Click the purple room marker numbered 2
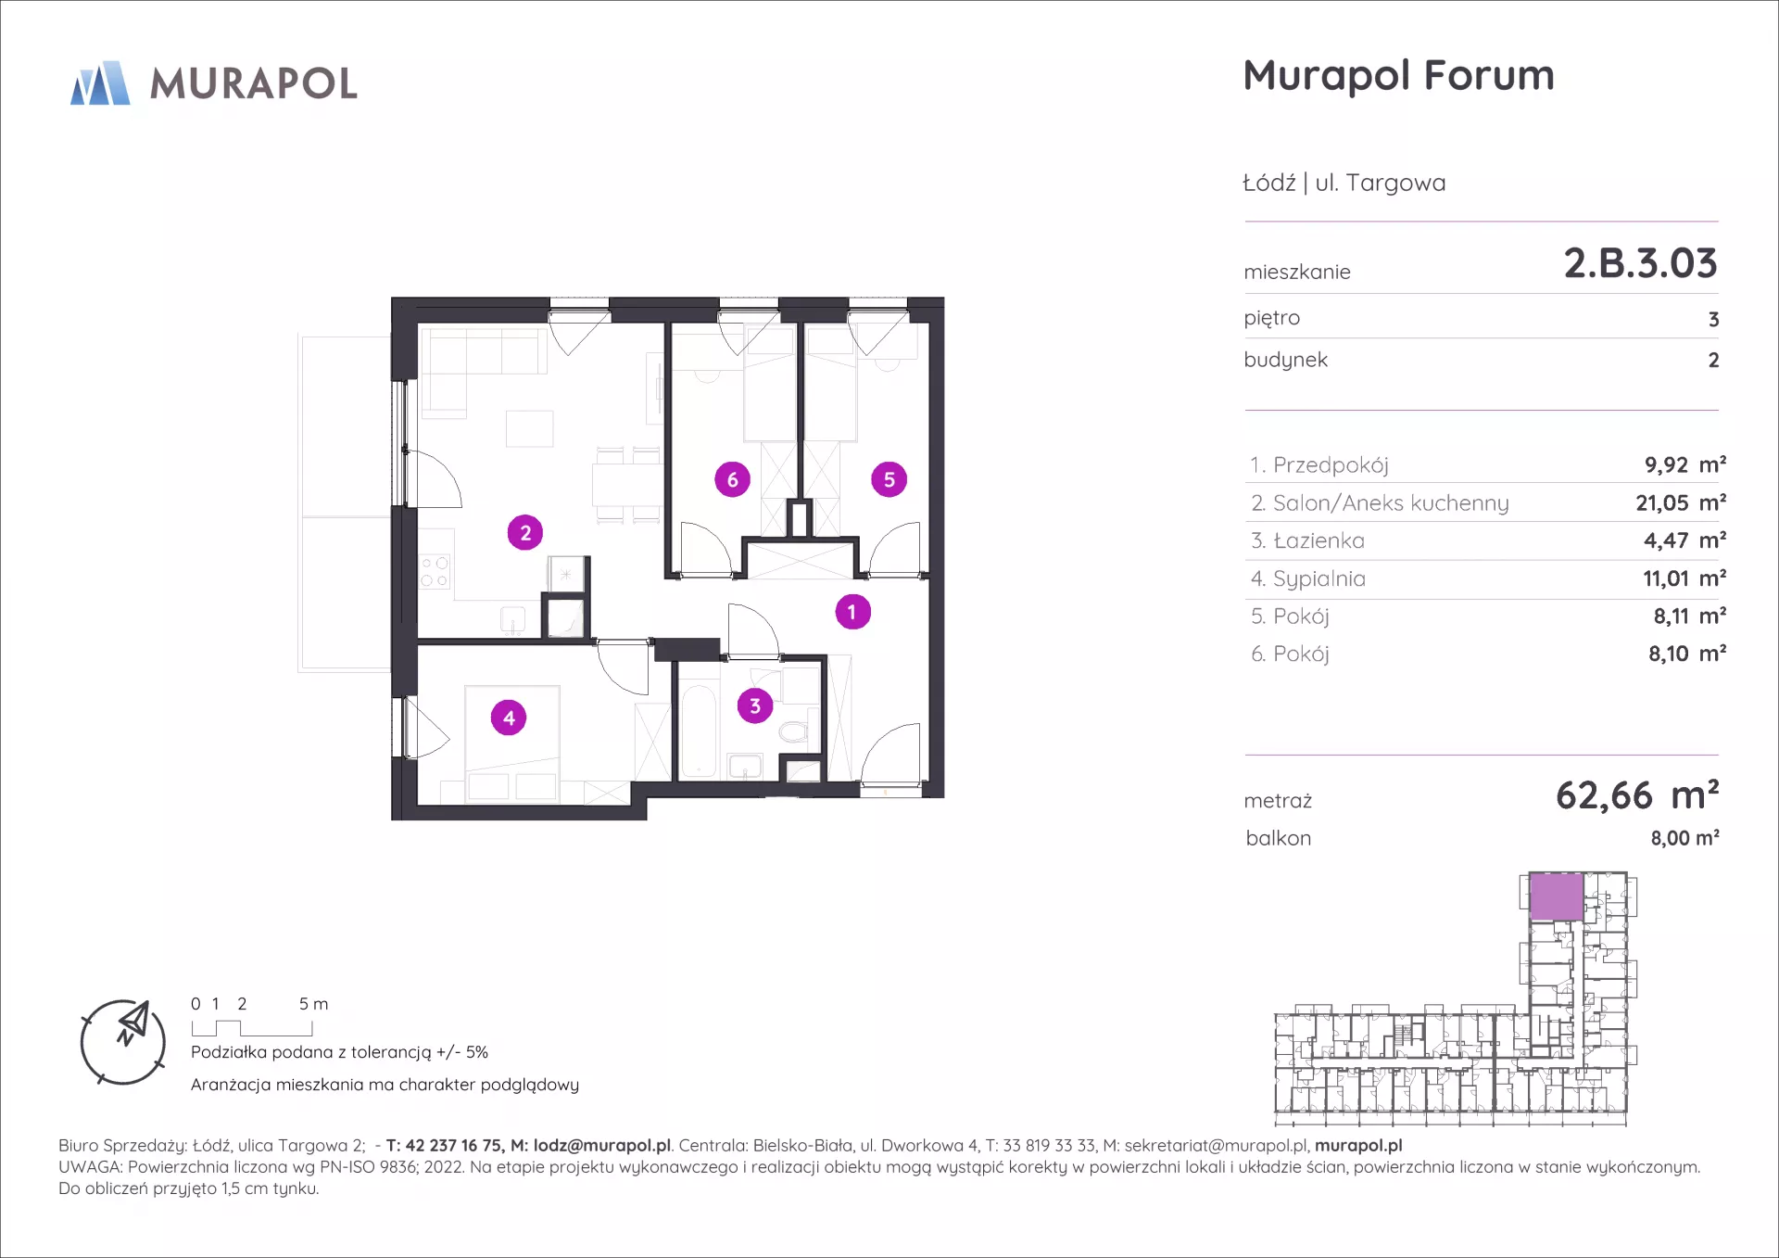point(525,533)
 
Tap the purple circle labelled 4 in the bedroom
point(509,718)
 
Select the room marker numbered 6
point(732,479)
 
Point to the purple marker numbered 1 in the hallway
point(852,612)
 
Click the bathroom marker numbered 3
point(755,706)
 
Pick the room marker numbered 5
point(889,479)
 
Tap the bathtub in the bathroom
point(698,731)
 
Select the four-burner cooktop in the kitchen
point(434,572)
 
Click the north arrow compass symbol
point(123,1042)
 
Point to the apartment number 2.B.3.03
point(1640,263)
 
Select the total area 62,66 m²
point(1637,795)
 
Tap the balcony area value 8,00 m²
point(1684,838)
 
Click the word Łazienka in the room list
point(1319,540)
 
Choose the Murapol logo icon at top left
point(100,83)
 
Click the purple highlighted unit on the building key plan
point(1556,896)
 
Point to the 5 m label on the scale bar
point(313,1004)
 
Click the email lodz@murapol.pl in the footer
point(601,1146)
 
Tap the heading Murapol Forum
point(1398,76)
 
